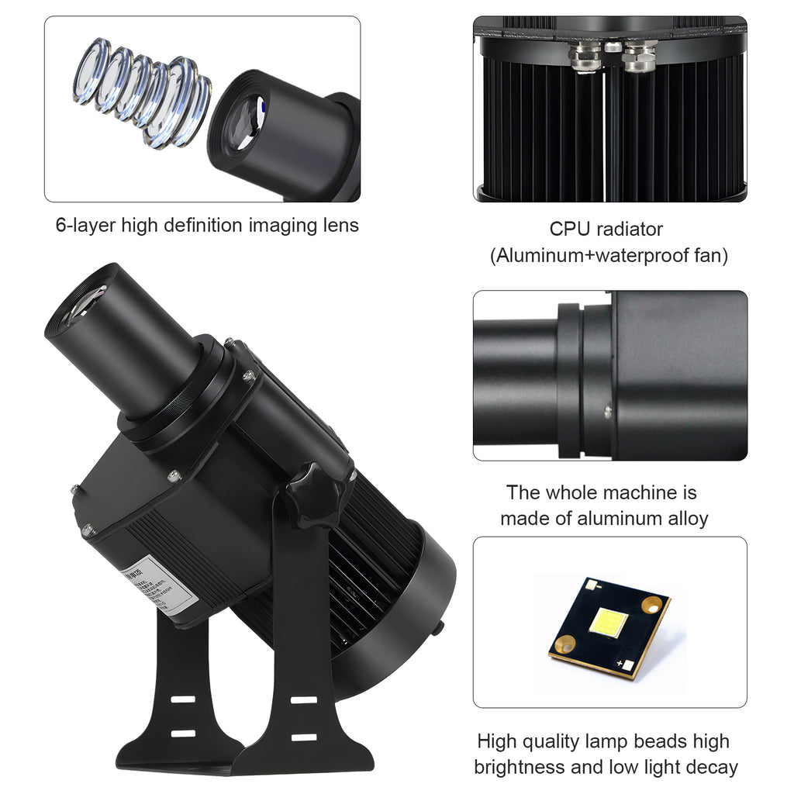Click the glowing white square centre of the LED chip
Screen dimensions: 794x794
pos(609,623)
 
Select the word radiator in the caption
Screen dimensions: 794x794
pos(630,230)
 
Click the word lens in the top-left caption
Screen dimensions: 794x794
pos(342,226)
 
